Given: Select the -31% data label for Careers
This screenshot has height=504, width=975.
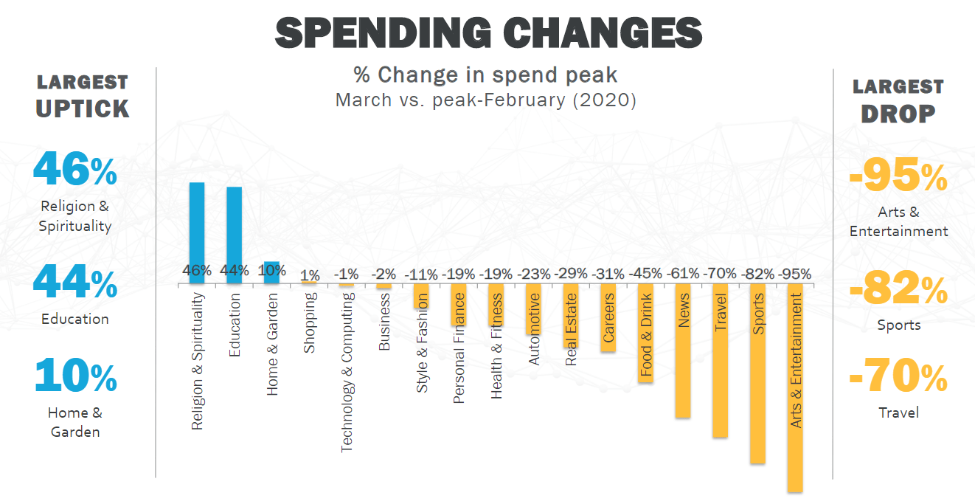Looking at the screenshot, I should [x=608, y=273].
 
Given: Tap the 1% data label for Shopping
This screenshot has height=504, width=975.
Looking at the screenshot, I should [x=310, y=275].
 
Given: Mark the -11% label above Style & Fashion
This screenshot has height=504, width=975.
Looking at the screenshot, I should [x=422, y=273].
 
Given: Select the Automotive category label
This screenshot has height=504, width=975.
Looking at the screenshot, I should [x=534, y=328].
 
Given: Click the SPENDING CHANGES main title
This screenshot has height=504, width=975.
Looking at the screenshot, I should [x=488, y=33].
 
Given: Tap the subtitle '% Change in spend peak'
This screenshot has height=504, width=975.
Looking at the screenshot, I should [x=485, y=75].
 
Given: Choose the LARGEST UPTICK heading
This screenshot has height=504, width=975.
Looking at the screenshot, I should [x=83, y=96].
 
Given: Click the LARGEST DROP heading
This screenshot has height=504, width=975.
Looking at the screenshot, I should [x=898, y=100].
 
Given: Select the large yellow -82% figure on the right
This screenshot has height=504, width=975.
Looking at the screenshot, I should [x=898, y=290].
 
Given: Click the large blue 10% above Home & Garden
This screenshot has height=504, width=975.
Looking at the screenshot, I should [x=75, y=376].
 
